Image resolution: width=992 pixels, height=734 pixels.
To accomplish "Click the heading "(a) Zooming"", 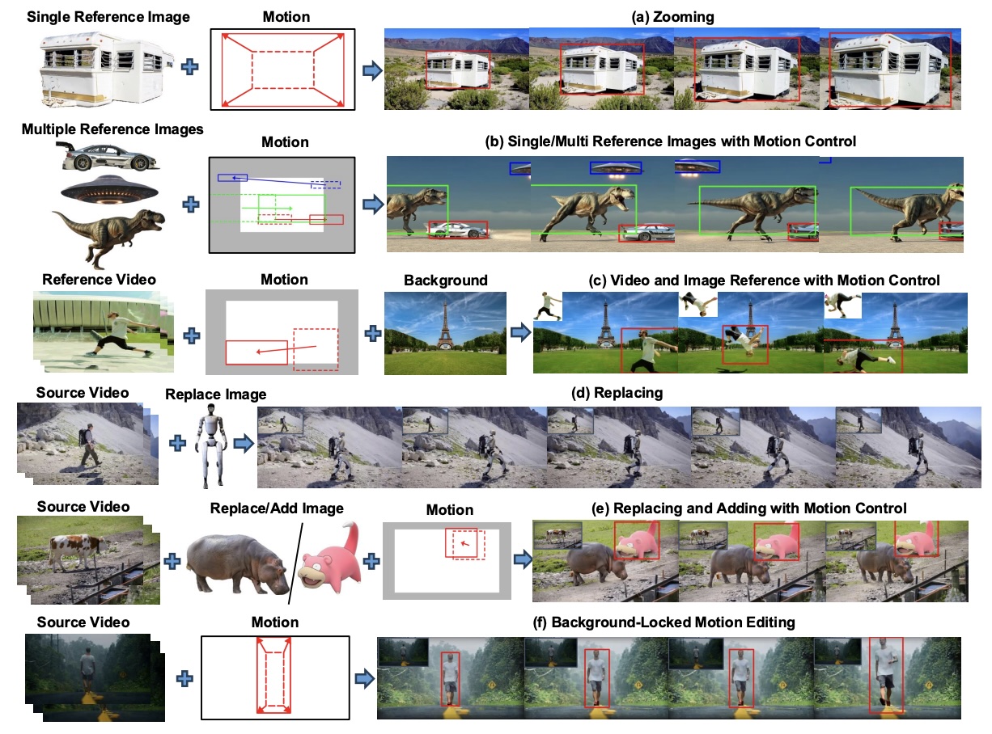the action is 672,17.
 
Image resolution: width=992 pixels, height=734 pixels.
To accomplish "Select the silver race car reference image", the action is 108,157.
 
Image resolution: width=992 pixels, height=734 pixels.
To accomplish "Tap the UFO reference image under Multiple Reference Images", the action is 109,190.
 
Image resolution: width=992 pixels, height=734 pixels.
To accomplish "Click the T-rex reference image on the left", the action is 108,238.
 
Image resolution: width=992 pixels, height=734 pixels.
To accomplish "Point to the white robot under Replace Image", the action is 210,445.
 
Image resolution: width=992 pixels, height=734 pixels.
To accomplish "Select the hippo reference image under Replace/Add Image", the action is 237,563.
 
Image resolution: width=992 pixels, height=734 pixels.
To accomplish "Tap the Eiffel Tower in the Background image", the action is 444,325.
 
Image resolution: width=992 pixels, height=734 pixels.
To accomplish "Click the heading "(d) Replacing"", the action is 617,393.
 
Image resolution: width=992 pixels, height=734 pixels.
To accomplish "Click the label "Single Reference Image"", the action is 108,17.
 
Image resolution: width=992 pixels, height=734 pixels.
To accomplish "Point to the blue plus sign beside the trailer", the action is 189,67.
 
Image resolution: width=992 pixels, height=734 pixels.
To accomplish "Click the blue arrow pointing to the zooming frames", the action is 372,70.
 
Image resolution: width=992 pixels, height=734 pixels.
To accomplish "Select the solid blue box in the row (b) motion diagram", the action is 232,178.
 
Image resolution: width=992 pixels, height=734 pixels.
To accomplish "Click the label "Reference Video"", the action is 99,280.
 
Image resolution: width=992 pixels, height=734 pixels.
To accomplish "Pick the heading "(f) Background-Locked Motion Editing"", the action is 663,622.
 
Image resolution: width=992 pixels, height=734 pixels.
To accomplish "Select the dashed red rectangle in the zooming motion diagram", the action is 282,70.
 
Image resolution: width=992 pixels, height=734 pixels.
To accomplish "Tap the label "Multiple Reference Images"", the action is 112,129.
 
